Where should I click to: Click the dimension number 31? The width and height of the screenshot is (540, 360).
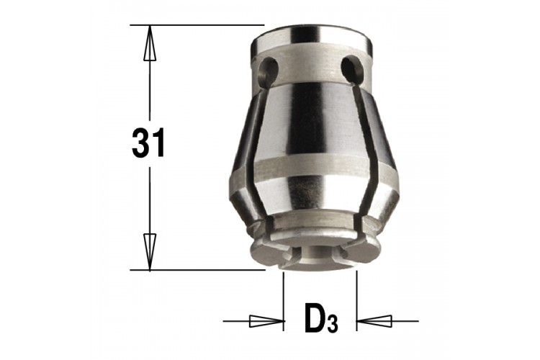coord(148,143)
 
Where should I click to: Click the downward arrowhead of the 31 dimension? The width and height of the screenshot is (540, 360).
coord(150,251)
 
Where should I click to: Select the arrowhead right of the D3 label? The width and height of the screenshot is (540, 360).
coord(374,321)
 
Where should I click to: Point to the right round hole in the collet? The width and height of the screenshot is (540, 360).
coord(354,68)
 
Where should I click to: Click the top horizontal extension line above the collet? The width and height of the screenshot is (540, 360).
coord(197,25)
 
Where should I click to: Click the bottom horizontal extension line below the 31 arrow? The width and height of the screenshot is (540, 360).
coord(198,270)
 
